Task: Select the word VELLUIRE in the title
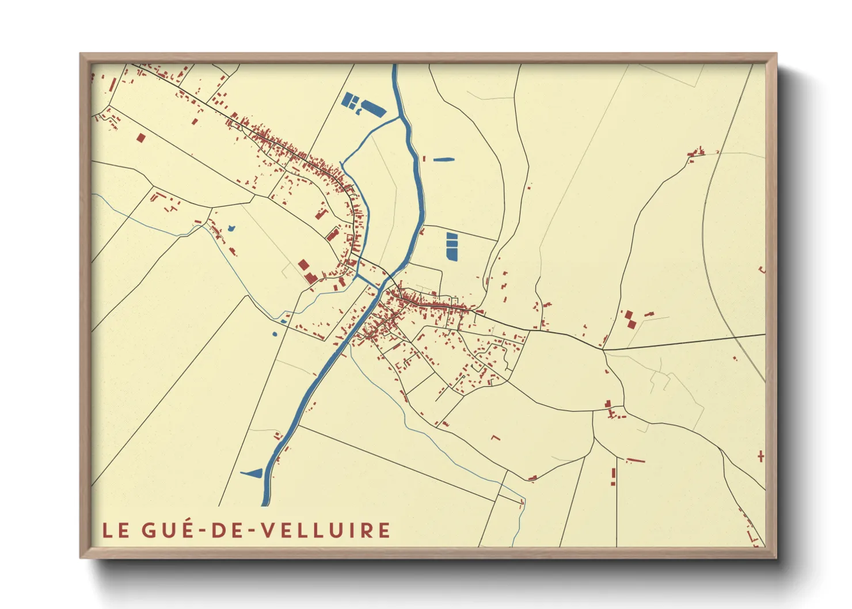[326, 530]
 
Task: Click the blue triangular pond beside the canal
[253, 474]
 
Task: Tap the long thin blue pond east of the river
[444, 159]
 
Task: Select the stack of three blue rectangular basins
[452, 246]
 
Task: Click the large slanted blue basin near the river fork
[373, 108]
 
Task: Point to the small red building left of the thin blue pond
[424, 158]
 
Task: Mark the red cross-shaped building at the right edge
[761, 457]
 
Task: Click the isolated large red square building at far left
[141, 138]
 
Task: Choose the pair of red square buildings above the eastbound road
[630, 319]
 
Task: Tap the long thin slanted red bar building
[636, 460]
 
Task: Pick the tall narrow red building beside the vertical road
[614, 477]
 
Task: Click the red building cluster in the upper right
[697, 153]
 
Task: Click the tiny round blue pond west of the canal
[275, 334]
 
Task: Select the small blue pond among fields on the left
[231, 229]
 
